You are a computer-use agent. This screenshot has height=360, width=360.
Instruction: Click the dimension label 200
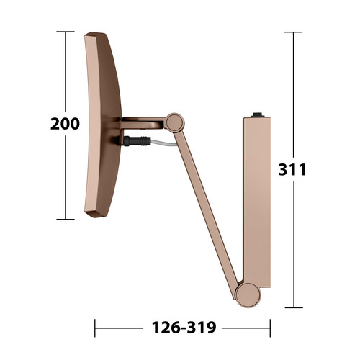pos(65,124)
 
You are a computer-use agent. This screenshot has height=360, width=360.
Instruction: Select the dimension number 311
pos(292,169)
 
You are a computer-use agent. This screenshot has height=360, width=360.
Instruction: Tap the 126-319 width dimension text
pos(184,328)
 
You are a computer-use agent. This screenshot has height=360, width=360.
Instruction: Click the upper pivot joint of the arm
pos(175,122)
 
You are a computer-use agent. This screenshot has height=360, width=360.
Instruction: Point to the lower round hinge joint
pos(248,295)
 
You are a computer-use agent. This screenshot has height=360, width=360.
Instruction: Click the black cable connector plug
pos(135,141)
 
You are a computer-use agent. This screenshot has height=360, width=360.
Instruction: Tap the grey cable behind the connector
pos(163,143)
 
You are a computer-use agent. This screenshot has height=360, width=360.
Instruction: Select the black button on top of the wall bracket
pos(258,114)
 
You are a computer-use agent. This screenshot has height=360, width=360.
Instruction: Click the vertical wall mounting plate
pos(257,202)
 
